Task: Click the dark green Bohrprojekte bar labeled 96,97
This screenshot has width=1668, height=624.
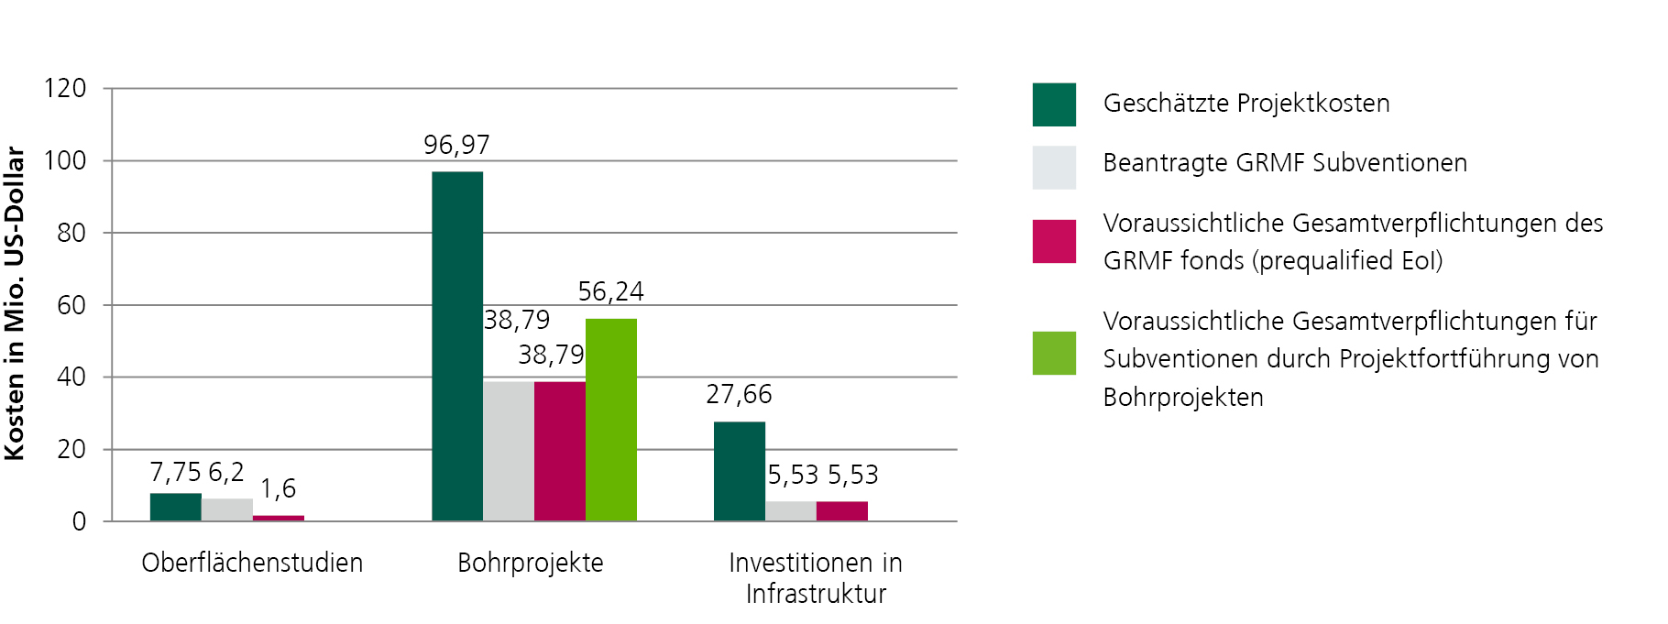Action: pyautogui.click(x=457, y=346)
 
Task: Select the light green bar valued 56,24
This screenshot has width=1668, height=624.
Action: pyautogui.click(x=611, y=420)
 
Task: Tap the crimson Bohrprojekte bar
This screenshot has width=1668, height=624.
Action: pyautogui.click(x=560, y=451)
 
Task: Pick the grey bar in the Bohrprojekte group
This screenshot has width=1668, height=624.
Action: pyautogui.click(x=509, y=451)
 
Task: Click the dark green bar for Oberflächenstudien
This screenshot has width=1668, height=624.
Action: pyautogui.click(x=176, y=508)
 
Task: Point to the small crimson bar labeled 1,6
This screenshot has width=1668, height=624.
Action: pyautogui.click(x=279, y=519)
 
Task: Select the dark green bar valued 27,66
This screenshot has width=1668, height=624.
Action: pyautogui.click(x=740, y=471)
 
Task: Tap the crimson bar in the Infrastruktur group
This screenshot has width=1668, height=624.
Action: pyautogui.click(x=842, y=511)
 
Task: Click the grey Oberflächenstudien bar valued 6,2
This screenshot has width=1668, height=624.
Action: pyautogui.click(x=227, y=509)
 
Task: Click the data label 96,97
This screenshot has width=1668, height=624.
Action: pyautogui.click(x=456, y=145)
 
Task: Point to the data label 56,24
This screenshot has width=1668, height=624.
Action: pyautogui.click(x=611, y=291)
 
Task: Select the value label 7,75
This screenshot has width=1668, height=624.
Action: pyautogui.click(x=175, y=472)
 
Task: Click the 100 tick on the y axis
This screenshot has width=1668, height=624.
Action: pyautogui.click(x=65, y=160)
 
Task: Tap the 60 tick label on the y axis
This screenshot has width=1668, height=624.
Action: pyautogui.click(x=71, y=305)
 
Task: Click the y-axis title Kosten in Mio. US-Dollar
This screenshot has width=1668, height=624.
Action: pyautogui.click(x=15, y=303)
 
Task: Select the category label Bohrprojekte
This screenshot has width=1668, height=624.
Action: pyautogui.click(x=531, y=563)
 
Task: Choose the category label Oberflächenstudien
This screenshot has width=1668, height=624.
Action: pyautogui.click(x=252, y=563)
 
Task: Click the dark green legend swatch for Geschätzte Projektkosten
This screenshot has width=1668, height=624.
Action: pyautogui.click(x=1054, y=104)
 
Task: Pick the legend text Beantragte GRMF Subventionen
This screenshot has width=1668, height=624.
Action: pyautogui.click(x=1285, y=163)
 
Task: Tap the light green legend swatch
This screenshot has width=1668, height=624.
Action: pyautogui.click(x=1054, y=353)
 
